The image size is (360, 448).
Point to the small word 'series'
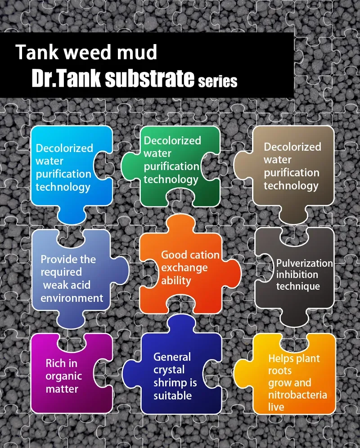click(x=217, y=81)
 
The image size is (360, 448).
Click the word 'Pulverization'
click(x=305, y=263)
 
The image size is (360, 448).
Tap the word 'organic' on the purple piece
click(x=63, y=376)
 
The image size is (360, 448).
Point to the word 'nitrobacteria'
click(x=297, y=395)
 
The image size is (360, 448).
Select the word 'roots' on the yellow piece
click(x=280, y=371)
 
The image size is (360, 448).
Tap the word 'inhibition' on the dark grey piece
click(x=297, y=274)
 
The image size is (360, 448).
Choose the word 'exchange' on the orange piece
click(x=184, y=268)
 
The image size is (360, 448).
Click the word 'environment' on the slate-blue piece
click(x=72, y=298)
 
